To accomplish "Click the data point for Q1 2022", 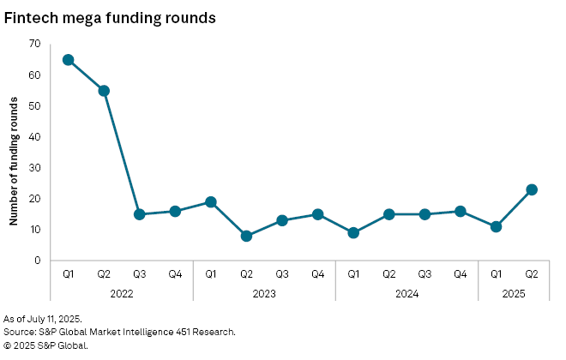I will [68, 60].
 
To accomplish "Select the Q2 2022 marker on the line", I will [104, 91].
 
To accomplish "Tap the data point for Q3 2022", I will [139, 214].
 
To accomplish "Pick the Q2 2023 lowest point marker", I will [246, 236].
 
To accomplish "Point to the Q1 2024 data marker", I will [353, 232].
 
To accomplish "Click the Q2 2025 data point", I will [531, 189].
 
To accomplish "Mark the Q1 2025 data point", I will [496, 226].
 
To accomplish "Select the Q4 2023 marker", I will [317, 214].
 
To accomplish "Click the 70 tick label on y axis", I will [35, 44].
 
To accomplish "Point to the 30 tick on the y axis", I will [35, 168].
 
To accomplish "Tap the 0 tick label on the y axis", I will [38, 261].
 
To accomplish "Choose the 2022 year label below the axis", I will [121, 292].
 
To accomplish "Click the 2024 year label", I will [406, 292].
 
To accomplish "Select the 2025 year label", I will [513, 292].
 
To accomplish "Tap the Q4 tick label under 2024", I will [460, 274].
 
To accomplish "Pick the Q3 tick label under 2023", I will [281, 274].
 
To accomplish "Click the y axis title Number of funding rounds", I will [14, 160].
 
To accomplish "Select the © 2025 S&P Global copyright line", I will [46, 345].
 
